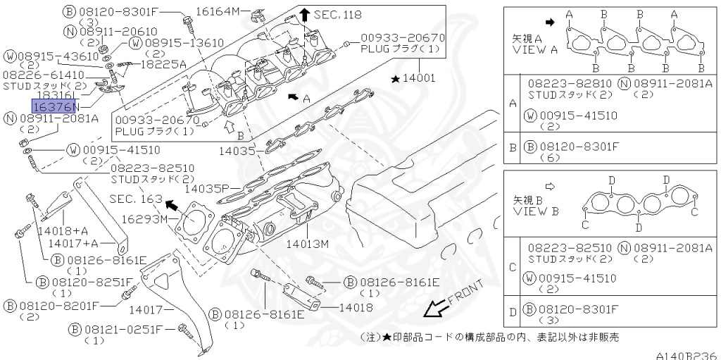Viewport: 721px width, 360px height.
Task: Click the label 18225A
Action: tap(163, 63)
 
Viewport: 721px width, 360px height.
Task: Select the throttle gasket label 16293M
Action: tap(144, 219)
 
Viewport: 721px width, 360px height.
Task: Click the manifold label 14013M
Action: tap(308, 244)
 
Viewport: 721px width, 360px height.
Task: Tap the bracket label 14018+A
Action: tap(63, 230)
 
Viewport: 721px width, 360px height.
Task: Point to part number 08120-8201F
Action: tap(60, 306)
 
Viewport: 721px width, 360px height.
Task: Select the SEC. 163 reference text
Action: tap(135, 199)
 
